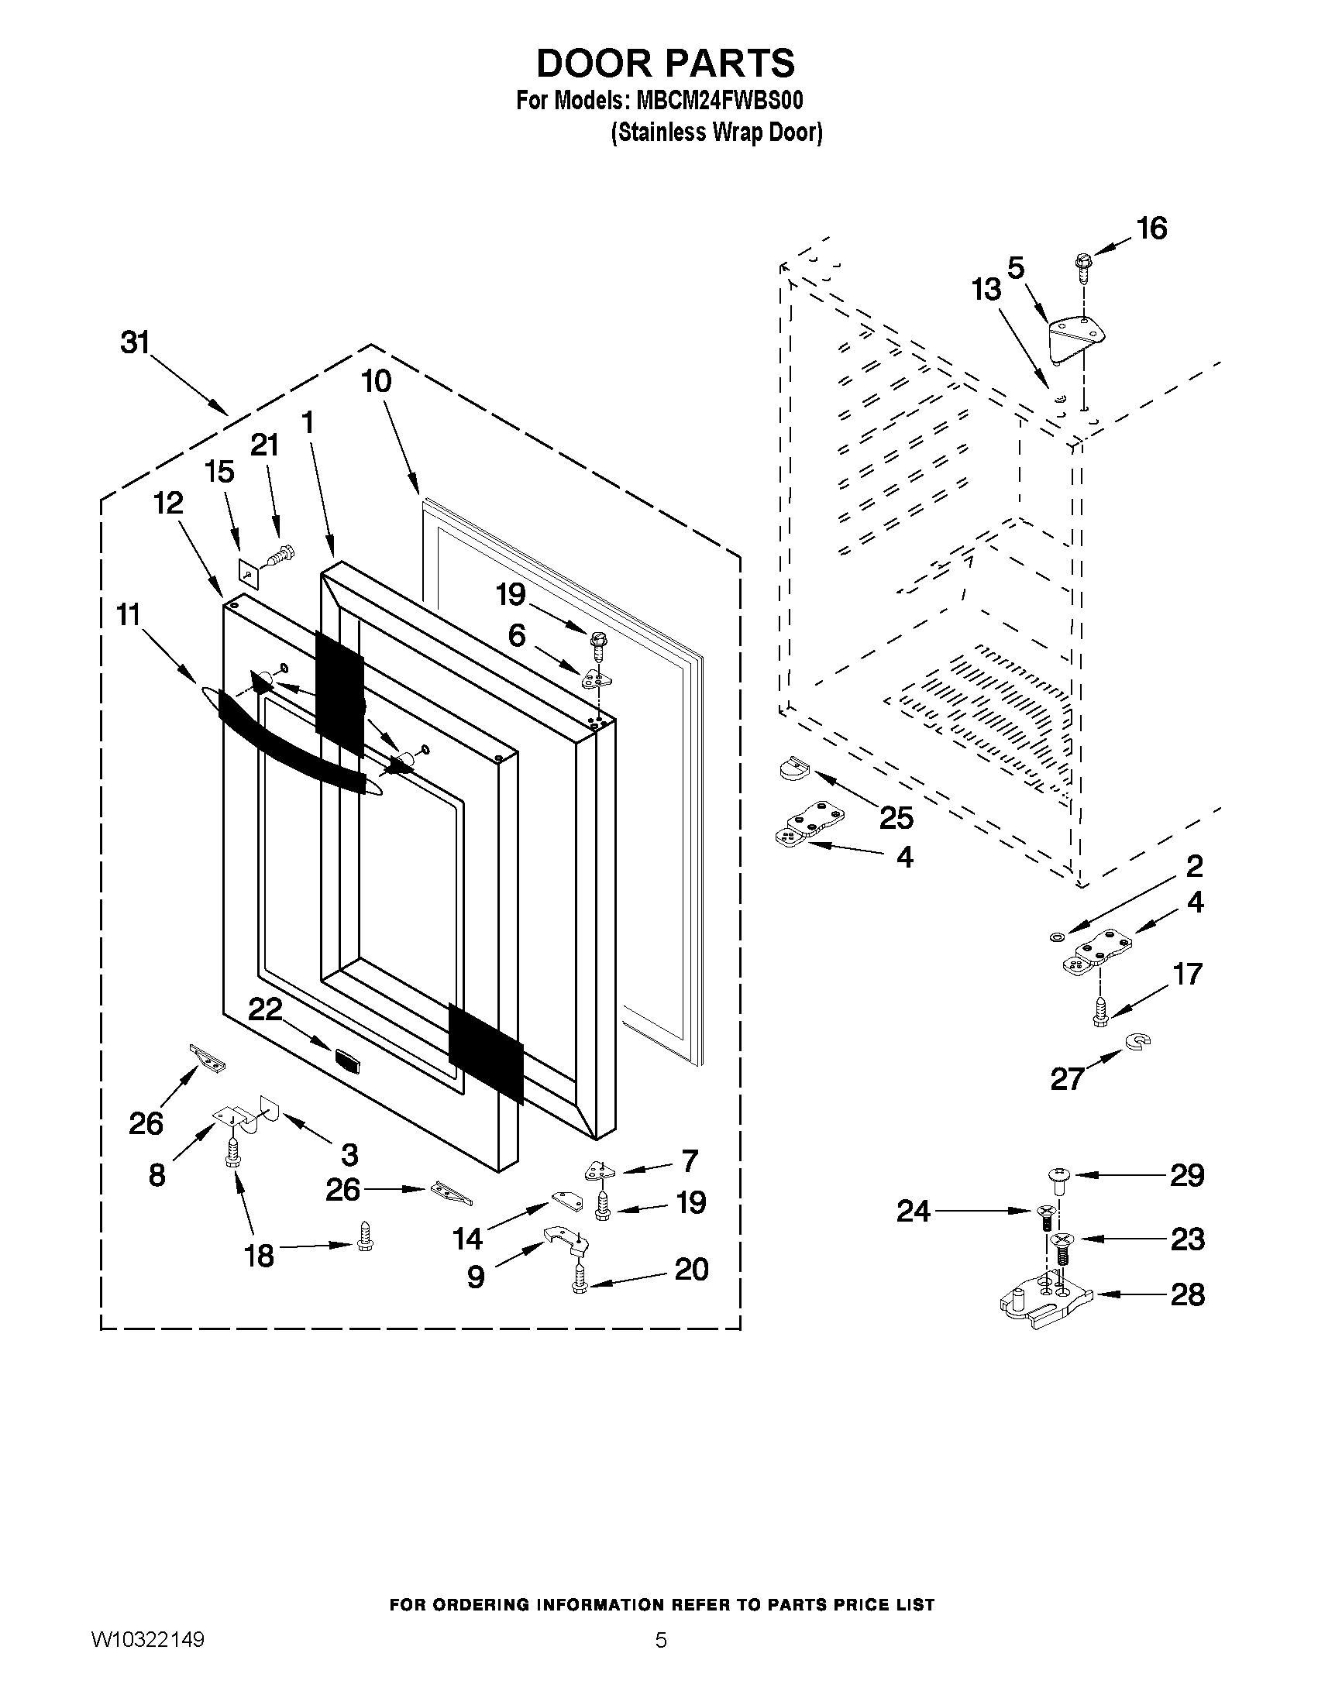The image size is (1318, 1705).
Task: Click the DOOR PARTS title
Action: pos(666,63)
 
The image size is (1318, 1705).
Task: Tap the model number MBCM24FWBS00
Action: pos(720,101)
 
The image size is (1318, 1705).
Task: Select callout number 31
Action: pos(135,342)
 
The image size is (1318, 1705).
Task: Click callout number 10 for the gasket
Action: pos(376,381)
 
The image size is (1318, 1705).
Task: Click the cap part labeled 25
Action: pos(796,768)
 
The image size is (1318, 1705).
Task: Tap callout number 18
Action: pos(260,1256)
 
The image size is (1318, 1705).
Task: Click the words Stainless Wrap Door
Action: pos(716,132)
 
